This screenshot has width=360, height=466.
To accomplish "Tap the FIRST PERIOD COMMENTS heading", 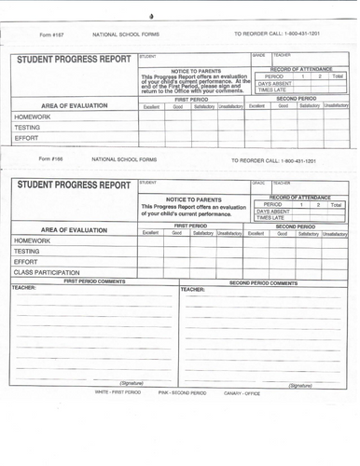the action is pos(94,281).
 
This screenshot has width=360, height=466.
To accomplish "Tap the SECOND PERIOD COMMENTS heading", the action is pos(263,282).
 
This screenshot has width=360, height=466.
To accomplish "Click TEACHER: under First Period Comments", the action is pos(24,289).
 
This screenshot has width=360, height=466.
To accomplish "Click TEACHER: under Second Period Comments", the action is pos(193,290).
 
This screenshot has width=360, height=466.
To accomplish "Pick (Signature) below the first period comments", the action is pos(132,383).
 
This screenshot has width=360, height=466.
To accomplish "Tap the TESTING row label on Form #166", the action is pos(27,251).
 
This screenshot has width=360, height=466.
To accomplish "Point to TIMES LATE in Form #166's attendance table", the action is pos(272,217).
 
